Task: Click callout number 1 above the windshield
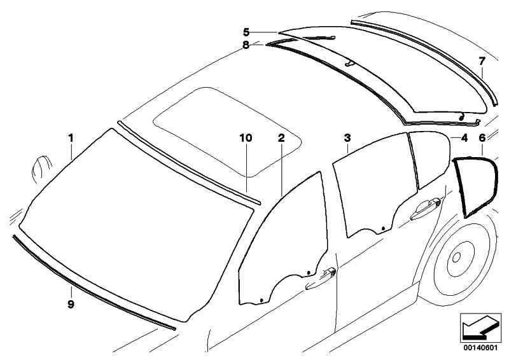click(x=71, y=138)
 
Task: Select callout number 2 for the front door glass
click(x=281, y=138)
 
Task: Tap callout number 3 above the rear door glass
click(x=347, y=138)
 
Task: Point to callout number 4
click(x=464, y=138)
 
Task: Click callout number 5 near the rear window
click(x=246, y=32)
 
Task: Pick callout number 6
click(x=482, y=138)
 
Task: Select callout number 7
click(x=482, y=60)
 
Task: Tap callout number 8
click(x=246, y=45)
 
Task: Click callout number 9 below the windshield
click(x=71, y=304)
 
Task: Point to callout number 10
click(x=246, y=138)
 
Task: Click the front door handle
click(x=321, y=278)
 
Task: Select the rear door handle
click(x=426, y=209)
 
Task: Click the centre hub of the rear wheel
click(x=456, y=258)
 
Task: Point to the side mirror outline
click(x=41, y=169)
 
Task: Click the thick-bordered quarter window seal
click(x=475, y=186)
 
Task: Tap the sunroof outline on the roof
click(x=228, y=132)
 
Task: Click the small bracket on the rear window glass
click(x=350, y=63)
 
